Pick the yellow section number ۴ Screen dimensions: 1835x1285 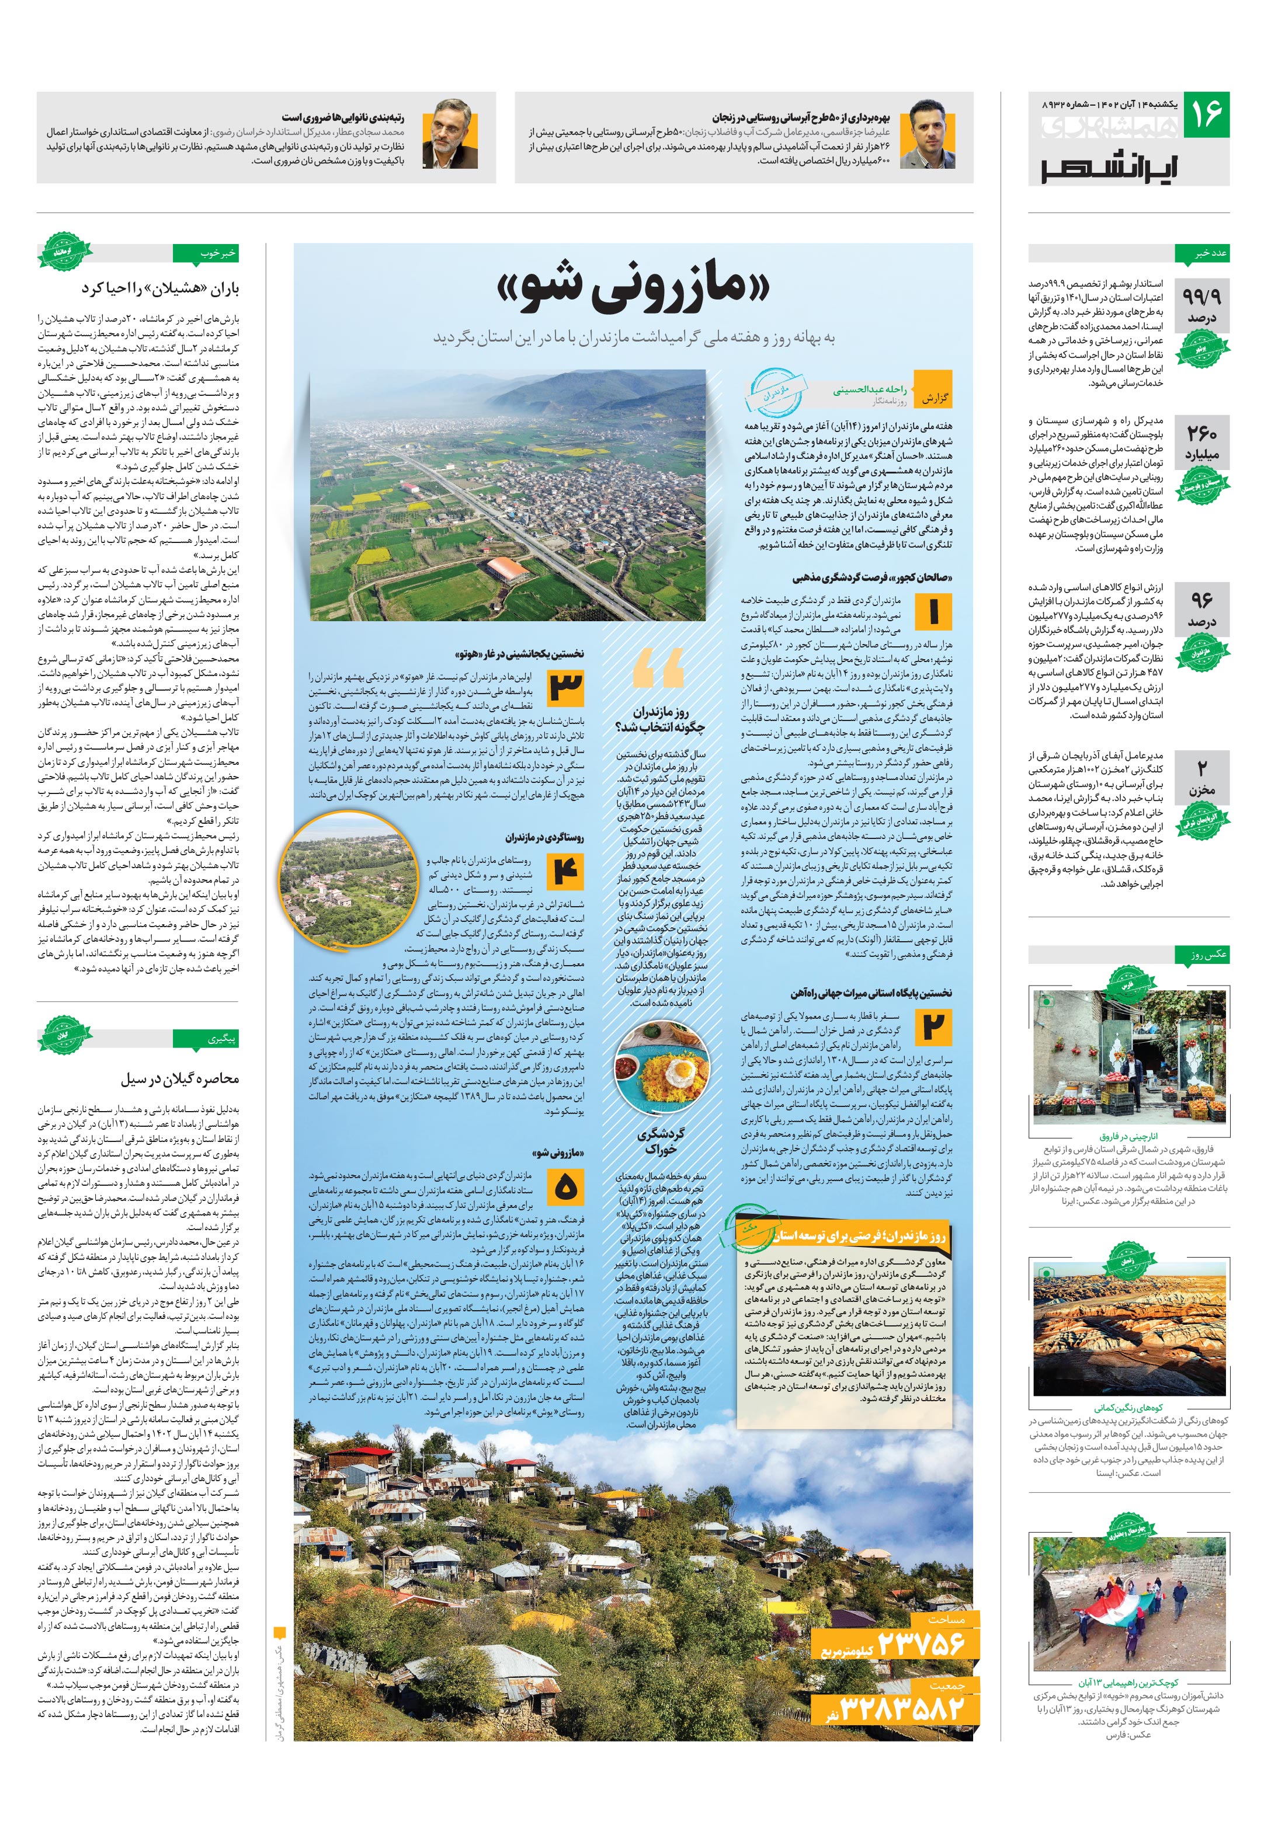point(565,871)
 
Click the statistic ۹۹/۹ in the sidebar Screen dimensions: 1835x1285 point(1201,297)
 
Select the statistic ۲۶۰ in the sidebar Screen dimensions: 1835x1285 point(1201,435)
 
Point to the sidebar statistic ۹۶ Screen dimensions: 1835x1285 point(1201,600)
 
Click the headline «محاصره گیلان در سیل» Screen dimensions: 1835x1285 point(180,1079)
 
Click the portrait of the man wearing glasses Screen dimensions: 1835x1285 point(454,135)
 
